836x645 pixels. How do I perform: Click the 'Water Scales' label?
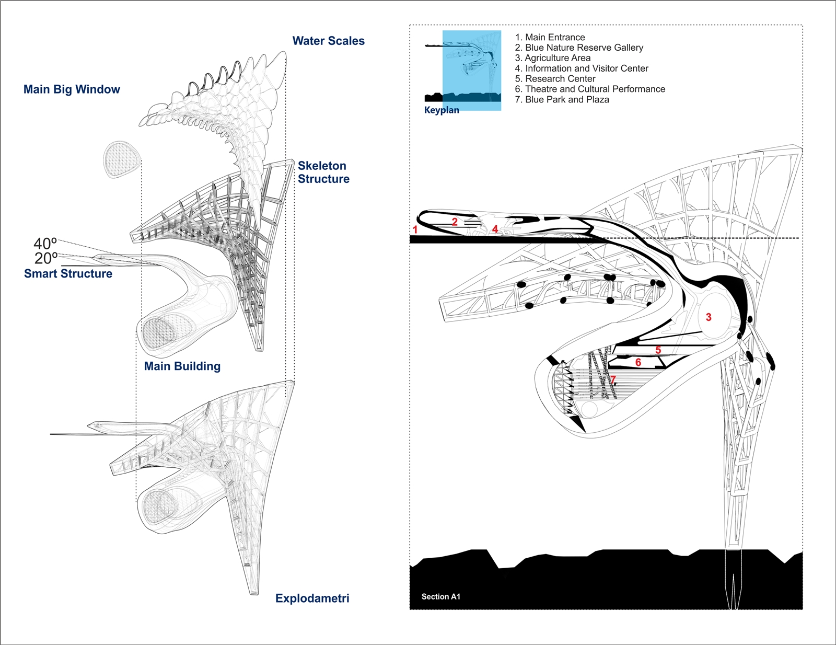tap(328, 41)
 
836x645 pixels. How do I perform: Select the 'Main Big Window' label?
tap(72, 89)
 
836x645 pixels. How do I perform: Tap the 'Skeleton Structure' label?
tap(323, 172)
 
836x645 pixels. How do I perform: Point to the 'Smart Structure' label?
tap(68, 273)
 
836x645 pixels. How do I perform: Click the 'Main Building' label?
tap(182, 366)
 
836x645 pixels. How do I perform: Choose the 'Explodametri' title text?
tap(312, 598)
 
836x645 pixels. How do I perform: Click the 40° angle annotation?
tap(45, 244)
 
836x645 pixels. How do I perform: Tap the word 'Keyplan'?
tap(442, 110)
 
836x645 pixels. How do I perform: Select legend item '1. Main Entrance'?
tap(550, 37)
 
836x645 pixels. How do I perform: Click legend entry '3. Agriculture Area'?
tap(552, 58)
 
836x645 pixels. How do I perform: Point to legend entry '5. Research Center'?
tap(555, 79)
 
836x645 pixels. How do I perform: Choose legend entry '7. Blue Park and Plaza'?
tap(562, 99)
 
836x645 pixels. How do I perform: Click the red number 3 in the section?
tap(709, 317)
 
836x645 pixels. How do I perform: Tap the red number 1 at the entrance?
tap(415, 229)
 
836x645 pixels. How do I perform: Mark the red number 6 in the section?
tap(638, 362)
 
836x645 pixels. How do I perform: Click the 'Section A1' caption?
tap(440, 596)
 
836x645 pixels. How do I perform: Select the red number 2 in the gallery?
tap(455, 222)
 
